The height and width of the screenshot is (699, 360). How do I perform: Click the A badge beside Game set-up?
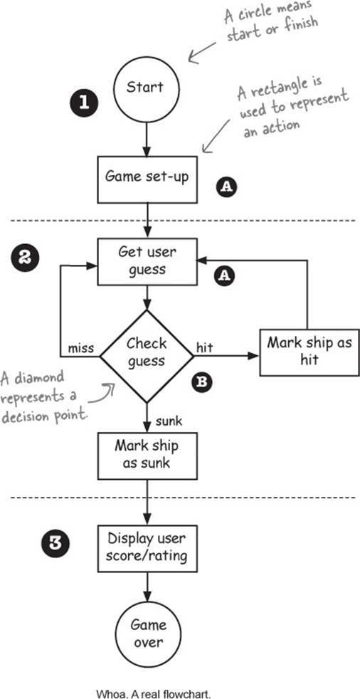pyautogui.click(x=226, y=187)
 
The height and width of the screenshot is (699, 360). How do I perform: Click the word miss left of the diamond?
pyautogui.click(x=80, y=347)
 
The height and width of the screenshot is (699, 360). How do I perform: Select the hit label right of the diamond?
pyautogui.click(x=204, y=347)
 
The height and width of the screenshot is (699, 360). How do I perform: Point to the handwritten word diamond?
pyautogui.click(x=38, y=379)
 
